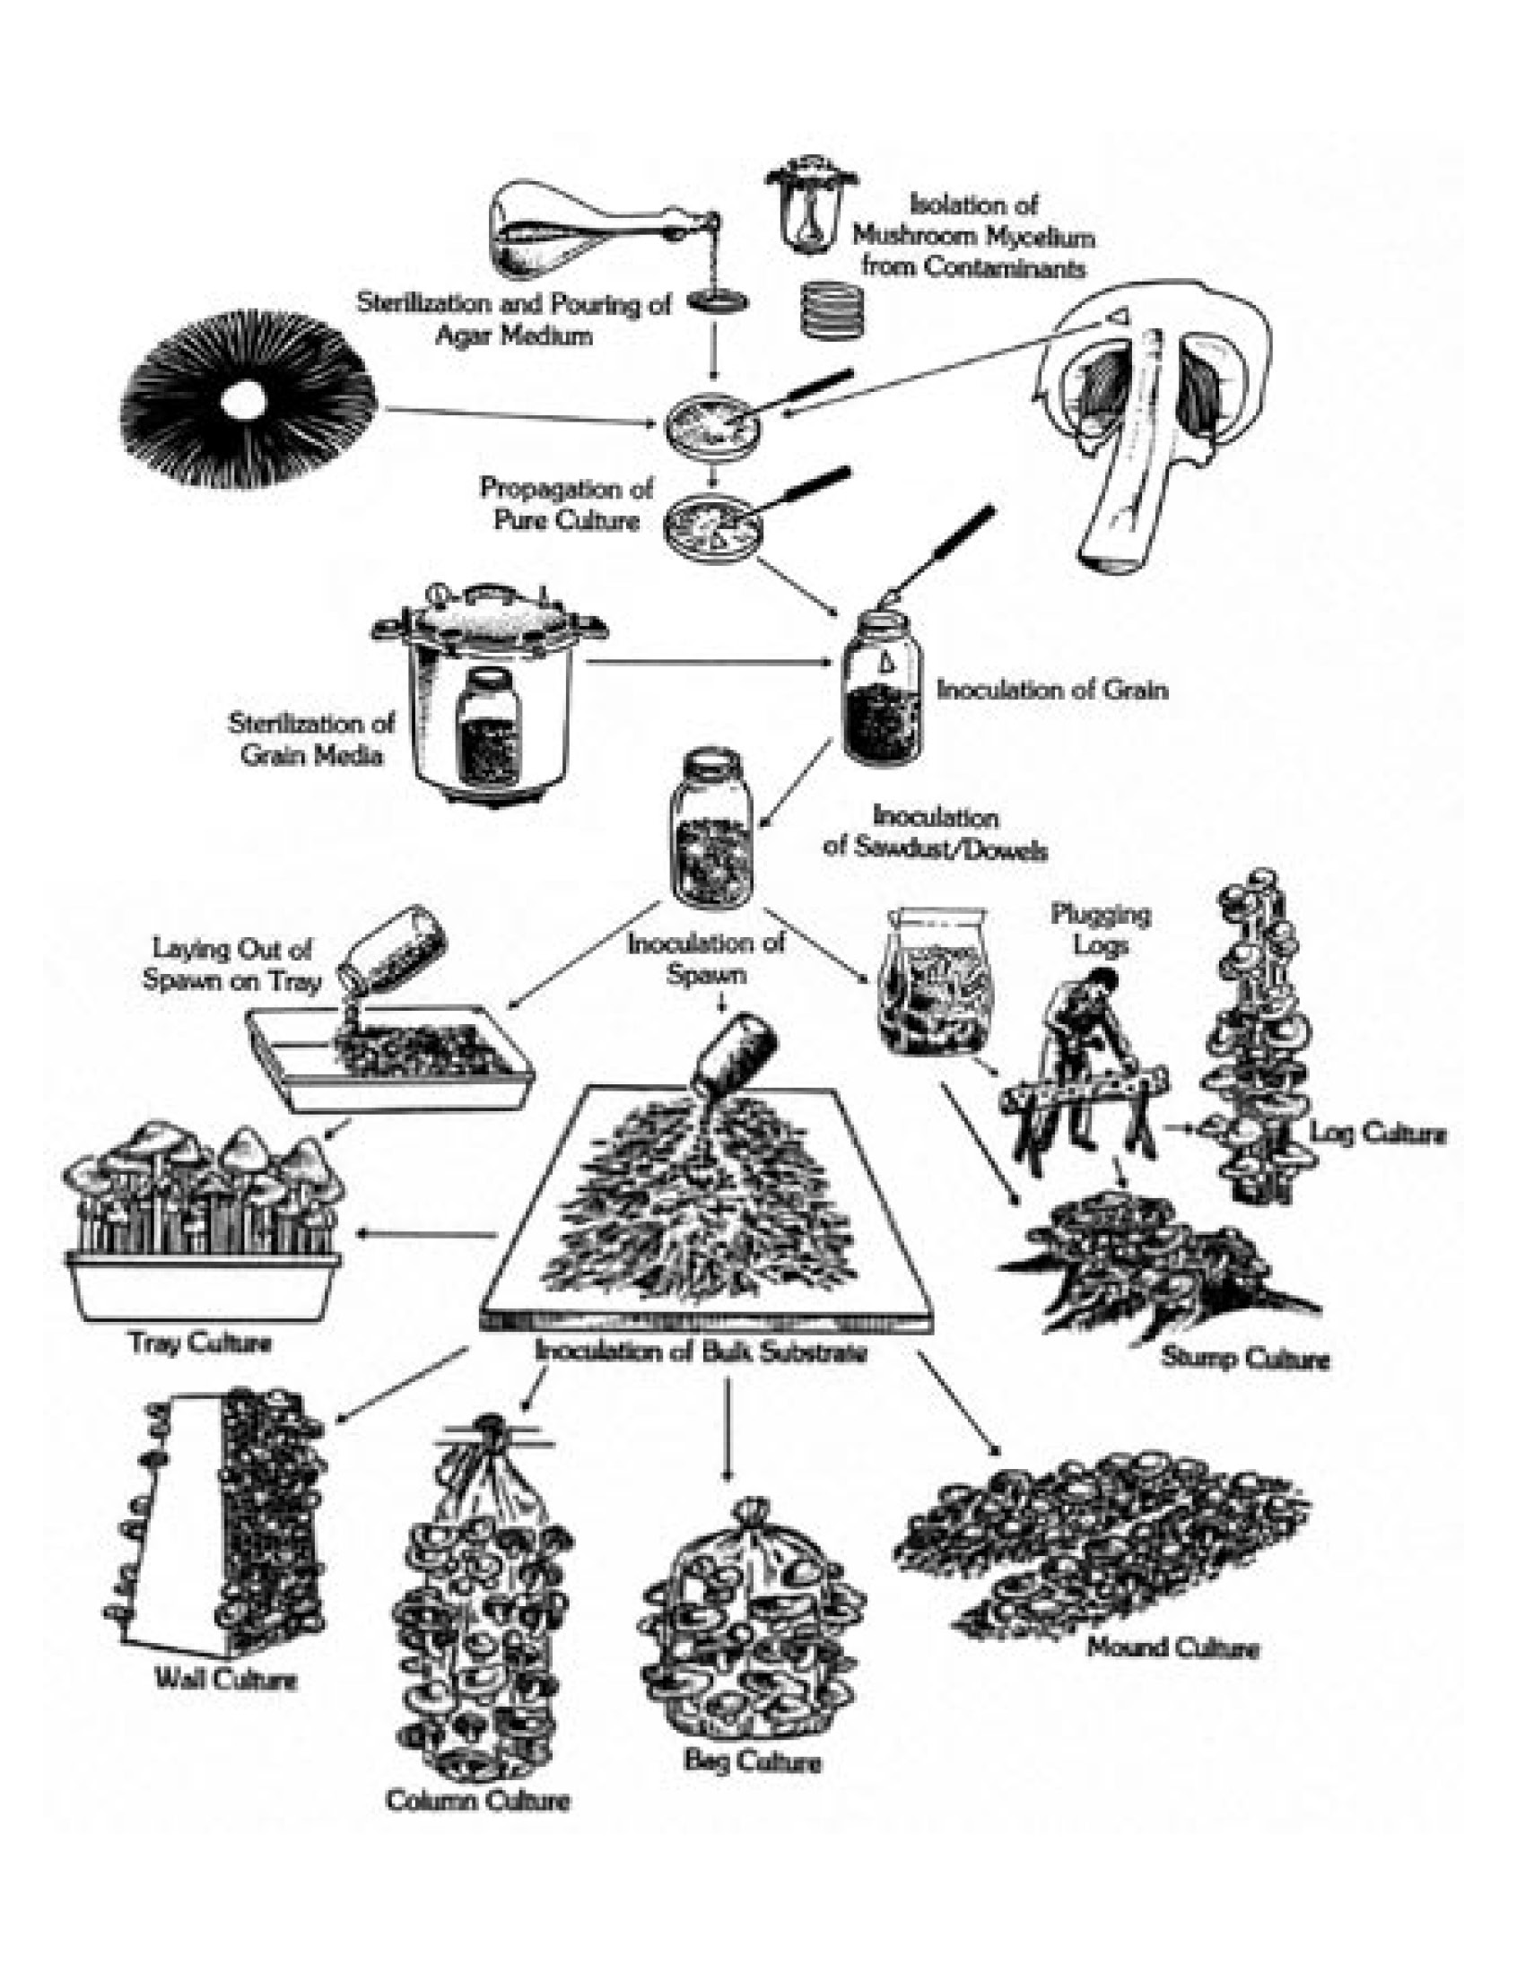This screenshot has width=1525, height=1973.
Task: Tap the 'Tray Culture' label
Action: pos(200,1343)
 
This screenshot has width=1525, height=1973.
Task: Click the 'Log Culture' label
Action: pos(1378,1133)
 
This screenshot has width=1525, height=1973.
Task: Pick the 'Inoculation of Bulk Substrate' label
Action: pos(701,1352)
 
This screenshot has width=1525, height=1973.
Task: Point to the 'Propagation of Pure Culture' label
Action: pos(566,504)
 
